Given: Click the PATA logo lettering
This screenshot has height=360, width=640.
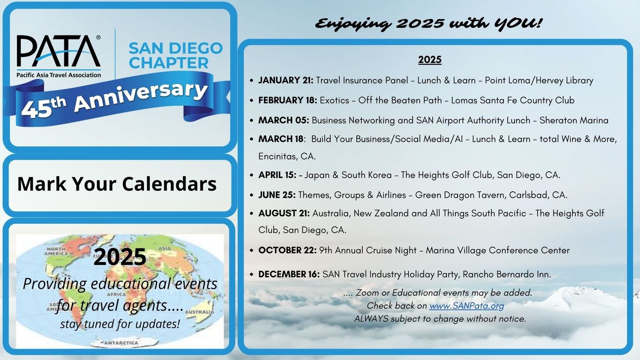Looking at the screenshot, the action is (59, 51).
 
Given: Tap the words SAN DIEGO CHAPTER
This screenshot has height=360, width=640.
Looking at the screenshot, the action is (175, 56).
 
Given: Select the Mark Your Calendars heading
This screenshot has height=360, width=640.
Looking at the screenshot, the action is (117, 184).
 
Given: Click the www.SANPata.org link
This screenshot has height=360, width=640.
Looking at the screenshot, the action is (467, 306).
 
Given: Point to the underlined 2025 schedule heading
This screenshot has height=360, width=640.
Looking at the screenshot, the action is (429, 60).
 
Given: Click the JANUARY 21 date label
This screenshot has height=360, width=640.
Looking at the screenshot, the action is (286, 80).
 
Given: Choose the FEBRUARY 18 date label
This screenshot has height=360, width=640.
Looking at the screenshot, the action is (288, 100).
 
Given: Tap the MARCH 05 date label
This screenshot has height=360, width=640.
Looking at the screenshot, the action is (284, 120).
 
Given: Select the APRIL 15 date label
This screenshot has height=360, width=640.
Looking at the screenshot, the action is (277, 175).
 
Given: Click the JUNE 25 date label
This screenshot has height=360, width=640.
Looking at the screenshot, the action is (277, 195).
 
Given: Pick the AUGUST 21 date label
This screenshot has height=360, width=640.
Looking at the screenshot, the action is (284, 213).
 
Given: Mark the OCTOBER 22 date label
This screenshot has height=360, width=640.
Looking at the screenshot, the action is (287, 250).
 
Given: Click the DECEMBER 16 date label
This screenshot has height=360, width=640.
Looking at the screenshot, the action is (289, 274).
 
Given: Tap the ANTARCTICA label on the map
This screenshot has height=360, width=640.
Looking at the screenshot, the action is (121, 343).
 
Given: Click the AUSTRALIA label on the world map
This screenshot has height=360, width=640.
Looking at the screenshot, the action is (199, 312).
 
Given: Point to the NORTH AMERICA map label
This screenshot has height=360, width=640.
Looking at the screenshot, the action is (56, 251).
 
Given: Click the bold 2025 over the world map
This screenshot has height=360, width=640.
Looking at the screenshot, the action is (120, 257).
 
